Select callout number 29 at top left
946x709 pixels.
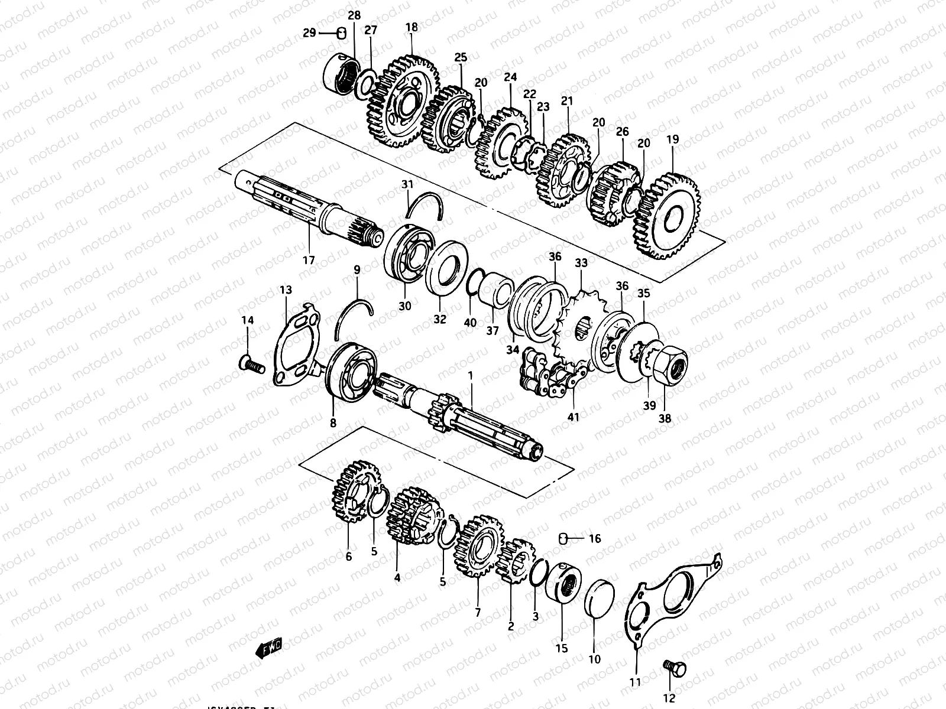309,33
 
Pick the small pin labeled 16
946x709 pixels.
563,538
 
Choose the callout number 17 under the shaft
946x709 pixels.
309,259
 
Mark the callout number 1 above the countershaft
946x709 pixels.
471,375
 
